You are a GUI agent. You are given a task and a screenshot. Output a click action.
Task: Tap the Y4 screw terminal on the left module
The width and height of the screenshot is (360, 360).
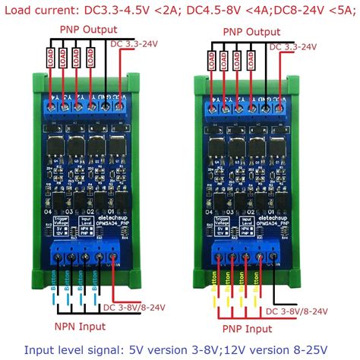(52, 108)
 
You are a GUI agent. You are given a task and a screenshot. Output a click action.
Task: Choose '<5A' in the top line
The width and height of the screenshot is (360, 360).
(343, 10)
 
